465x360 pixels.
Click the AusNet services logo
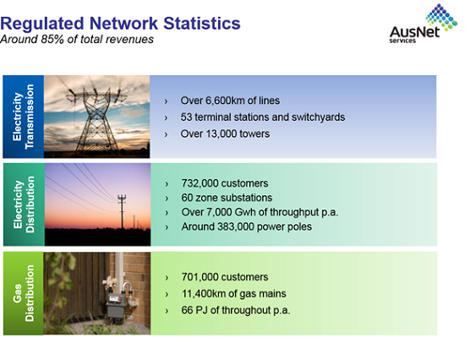(x=424, y=24)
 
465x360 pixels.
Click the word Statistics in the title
(x=202, y=24)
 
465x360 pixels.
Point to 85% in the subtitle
(x=52, y=39)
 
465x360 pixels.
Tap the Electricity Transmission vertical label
(x=23, y=117)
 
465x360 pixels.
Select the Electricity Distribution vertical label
(x=24, y=205)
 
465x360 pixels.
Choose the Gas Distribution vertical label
(x=23, y=293)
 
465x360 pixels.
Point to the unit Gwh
(x=243, y=212)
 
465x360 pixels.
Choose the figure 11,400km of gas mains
(x=205, y=293)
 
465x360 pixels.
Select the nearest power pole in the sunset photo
(x=122, y=211)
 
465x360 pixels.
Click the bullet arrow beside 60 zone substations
(x=167, y=198)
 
